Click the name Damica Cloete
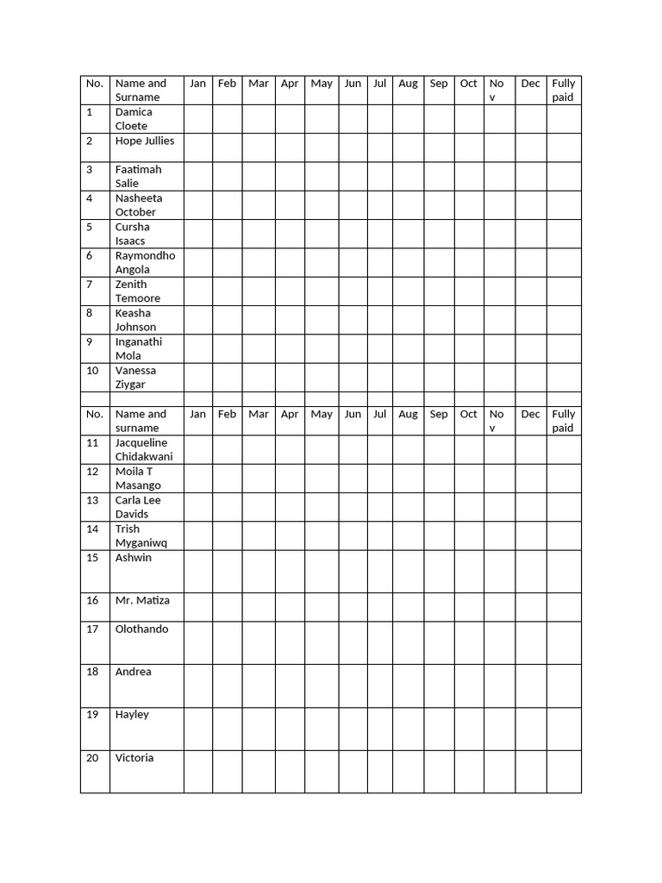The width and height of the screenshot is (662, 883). coord(134,119)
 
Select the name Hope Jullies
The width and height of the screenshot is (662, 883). coord(145,141)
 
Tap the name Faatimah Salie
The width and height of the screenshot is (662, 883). coord(138,176)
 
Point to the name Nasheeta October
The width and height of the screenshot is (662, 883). coord(138,205)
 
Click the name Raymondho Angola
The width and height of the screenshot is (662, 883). coord(145,262)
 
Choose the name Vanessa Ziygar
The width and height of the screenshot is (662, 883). coord(135,378)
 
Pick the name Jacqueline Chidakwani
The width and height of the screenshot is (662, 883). coord(144,449)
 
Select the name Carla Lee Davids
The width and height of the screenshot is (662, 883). coord(138,507)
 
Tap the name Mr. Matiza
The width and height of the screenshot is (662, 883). coord(142,600)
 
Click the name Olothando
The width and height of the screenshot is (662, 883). coord(142,629)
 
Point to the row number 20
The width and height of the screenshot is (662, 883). coord(92,758)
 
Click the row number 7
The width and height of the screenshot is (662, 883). coord(89,285)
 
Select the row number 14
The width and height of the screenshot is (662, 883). coord(92,529)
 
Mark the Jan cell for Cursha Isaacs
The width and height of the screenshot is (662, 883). coord(197,234)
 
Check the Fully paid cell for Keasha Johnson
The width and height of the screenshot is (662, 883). coord(564,320)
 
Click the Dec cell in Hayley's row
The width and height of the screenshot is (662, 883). coord(531,729)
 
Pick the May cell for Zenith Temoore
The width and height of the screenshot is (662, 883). coord(322,291)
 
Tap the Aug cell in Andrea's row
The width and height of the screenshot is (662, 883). coord(408,686)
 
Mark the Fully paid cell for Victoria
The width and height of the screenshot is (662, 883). coord(564,771)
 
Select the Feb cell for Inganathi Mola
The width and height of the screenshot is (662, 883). coord(227,348)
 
